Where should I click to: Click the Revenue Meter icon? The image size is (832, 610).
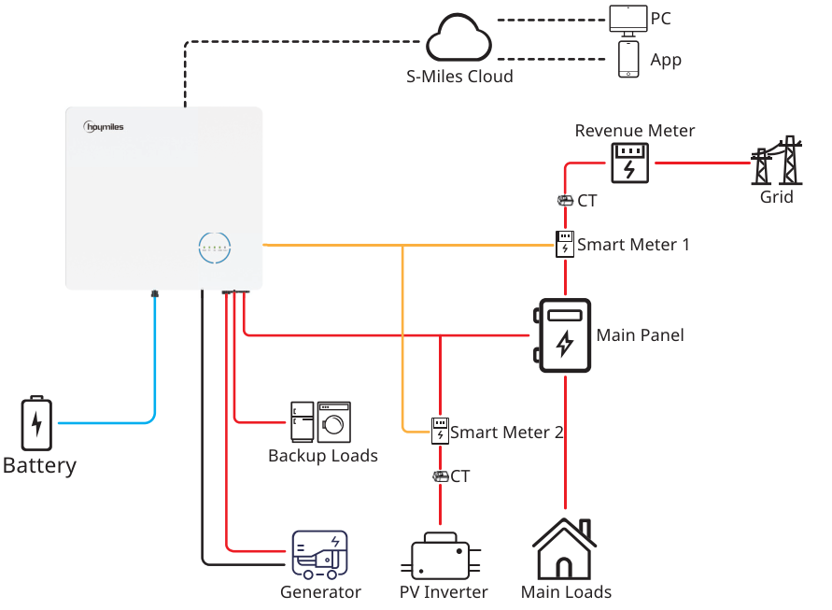coord(630,163)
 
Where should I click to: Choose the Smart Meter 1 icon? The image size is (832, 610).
coord(565,244)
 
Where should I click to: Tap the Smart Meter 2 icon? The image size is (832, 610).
coord(440,431)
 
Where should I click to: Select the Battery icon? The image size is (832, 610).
coord(36,423)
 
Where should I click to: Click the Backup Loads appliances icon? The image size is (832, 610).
coord(320,421)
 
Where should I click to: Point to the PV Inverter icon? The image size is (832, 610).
coord(441,558)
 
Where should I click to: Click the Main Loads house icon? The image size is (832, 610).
coord(564,550)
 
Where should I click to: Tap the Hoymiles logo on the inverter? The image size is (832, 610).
coord(103,126)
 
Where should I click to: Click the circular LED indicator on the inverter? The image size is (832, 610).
coord(215,248)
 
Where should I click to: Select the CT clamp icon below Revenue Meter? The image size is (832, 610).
coord(565,200)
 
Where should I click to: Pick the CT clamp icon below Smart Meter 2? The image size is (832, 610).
coord(440,476)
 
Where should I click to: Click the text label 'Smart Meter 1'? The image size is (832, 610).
coord(633,245)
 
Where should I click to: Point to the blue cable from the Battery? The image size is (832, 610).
coord(153,374)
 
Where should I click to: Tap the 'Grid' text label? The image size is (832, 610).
coord(776,197)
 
